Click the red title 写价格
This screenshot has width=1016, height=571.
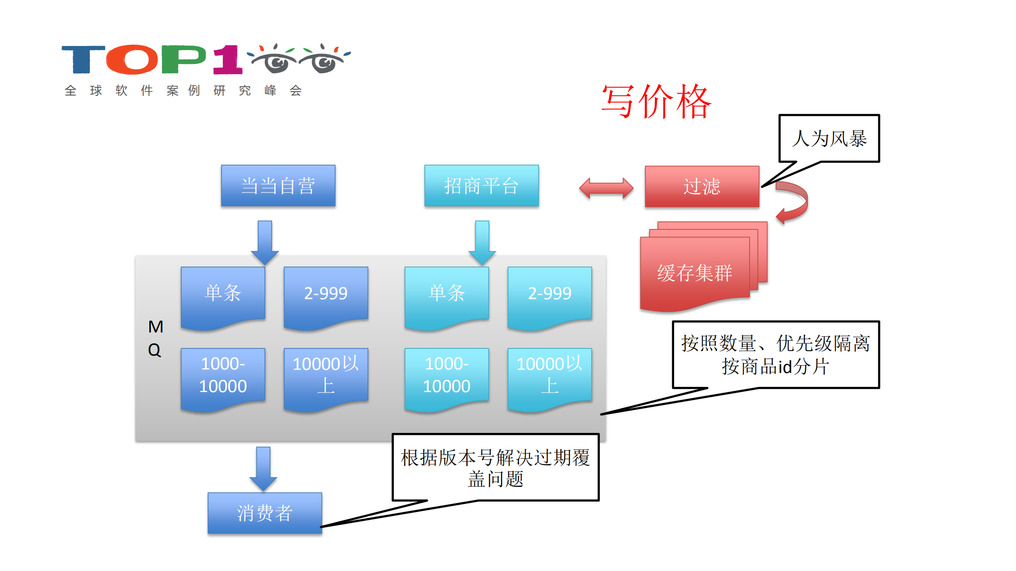(x=656, y=102)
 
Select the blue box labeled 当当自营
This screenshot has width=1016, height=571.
(x=278, y=185)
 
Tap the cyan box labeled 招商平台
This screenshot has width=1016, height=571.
(x=481, y=185)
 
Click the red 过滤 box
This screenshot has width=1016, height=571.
(x=702, y=186)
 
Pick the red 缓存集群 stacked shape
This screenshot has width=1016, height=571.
(x=695, y=273)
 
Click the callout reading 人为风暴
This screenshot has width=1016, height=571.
(x=829, y=138)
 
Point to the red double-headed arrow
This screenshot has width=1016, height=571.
(x=606, y=188)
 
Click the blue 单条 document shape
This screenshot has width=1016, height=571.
(x=223, y=296)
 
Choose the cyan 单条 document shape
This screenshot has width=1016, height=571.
(x=446, y=296)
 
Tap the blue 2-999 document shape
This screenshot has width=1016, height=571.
(x=326, y=296)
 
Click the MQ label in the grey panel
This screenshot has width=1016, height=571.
(x=155, y=338)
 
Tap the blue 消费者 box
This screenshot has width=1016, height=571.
(x=264, y=513)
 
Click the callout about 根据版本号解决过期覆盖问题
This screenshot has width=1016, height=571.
(x=495, y=467)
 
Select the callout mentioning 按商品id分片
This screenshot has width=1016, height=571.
(x=775, y=354)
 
